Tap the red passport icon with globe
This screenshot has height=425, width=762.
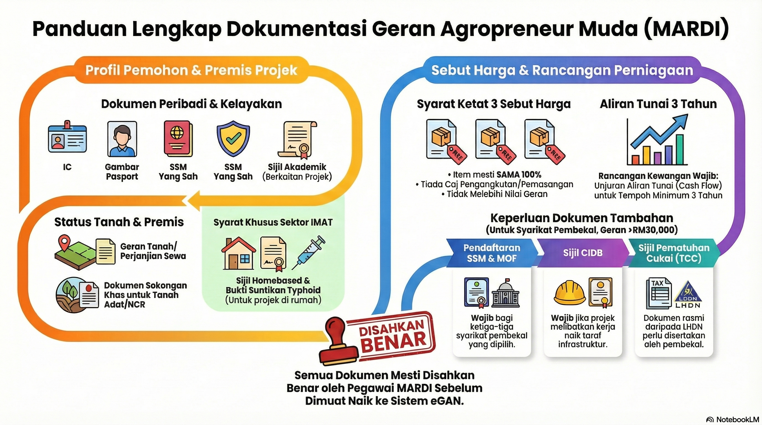click(178, 138)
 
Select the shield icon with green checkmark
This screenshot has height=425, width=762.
click(233, 138)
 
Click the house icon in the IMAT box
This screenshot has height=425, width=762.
click(238, 253)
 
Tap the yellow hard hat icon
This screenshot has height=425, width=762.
click(570, 292)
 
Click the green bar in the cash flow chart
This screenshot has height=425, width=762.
click(680, 149)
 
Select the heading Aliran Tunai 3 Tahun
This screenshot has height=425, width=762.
click(658, 104)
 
